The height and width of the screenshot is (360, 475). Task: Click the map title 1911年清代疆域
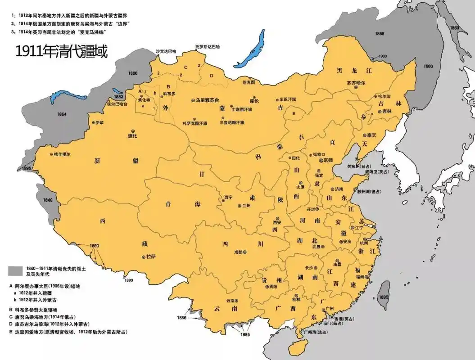[62, 52]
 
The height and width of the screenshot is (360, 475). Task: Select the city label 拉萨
[150, 257]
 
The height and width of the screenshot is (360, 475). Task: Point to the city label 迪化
[132, 135]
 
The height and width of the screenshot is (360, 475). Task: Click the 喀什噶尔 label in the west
[62, 154]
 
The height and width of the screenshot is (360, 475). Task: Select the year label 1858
[380, 34]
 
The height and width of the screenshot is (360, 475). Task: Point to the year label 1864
[62, 114]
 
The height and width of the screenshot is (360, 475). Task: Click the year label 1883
[119, 96]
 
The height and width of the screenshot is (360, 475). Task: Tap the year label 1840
[48, 199]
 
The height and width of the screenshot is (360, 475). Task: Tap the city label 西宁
[228, 197]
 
